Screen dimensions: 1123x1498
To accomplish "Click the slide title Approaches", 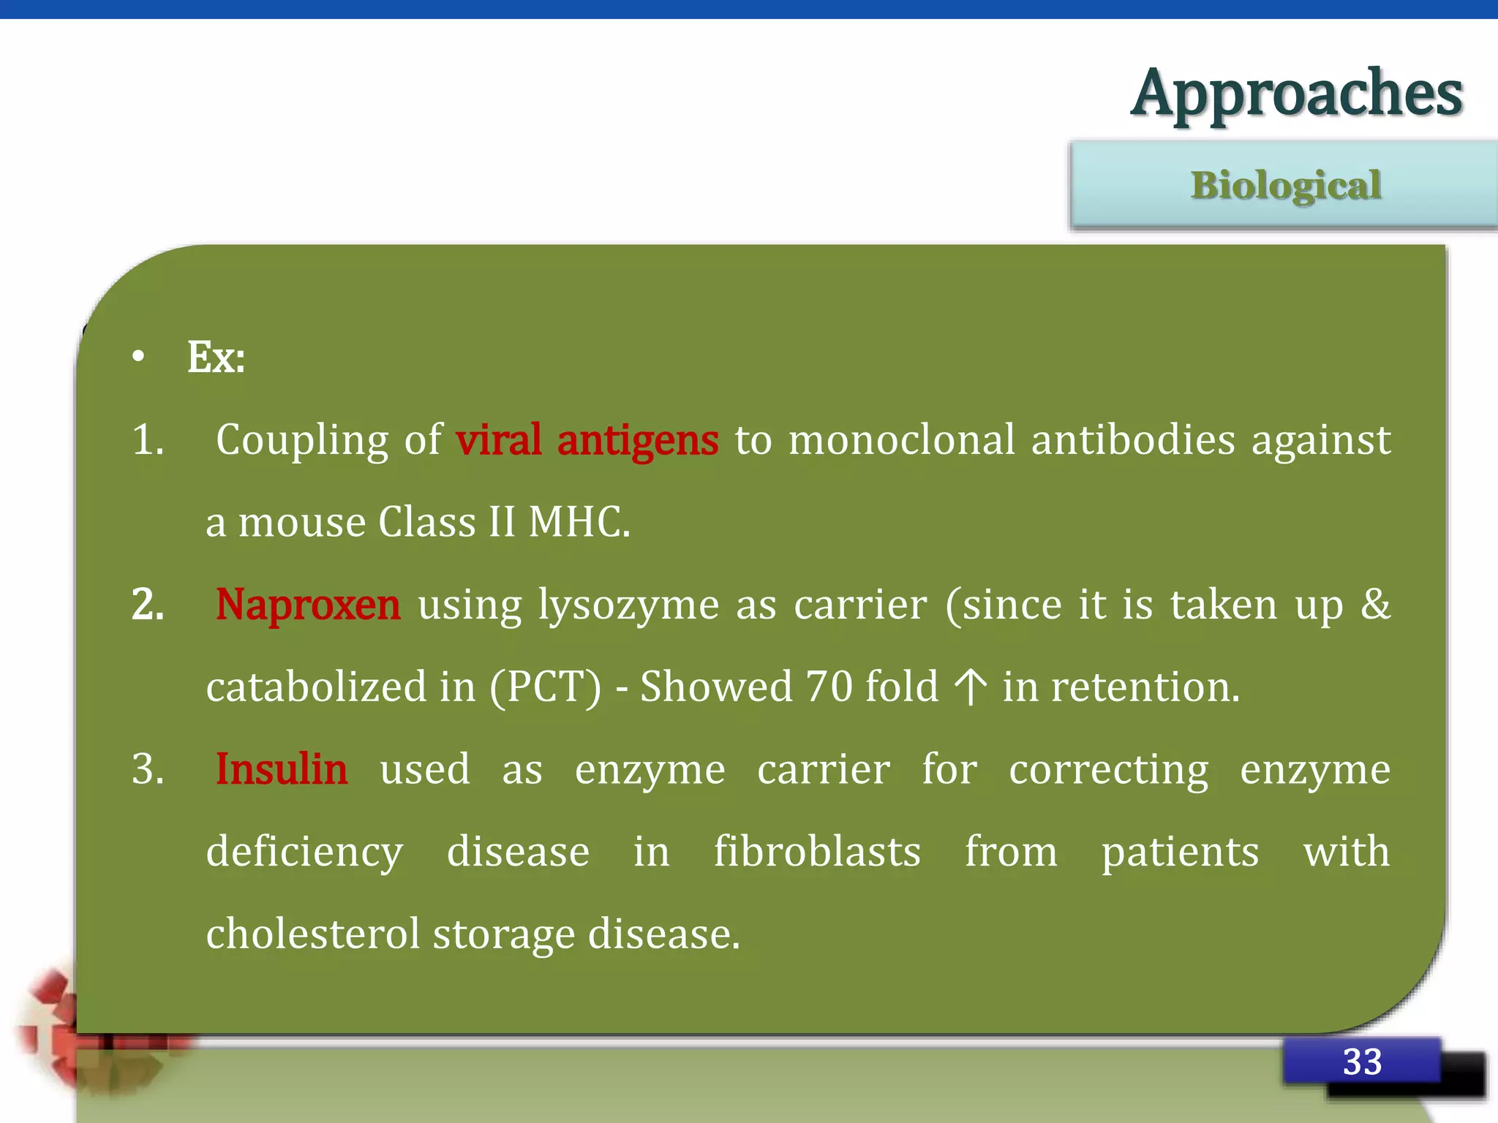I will [x=1295, y=94].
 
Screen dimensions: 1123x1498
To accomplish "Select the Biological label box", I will [x=1284, y=185].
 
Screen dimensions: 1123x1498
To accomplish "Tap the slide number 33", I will [x=1361, y=1062].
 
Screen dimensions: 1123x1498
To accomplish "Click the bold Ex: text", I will [x=216, y=358].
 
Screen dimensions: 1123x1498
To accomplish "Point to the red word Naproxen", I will [x=308, y=605].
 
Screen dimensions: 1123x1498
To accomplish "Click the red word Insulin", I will [x=282, y=769].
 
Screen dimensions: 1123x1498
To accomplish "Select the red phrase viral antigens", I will [x=587, y=440].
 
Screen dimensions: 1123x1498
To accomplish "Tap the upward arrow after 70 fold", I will [x=971, y=687].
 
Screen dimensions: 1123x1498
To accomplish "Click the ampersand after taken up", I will [x=1375, y=605].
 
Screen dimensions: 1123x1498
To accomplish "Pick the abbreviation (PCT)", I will [x=545, y=687].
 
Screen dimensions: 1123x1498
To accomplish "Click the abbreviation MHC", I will [x=578, y=522].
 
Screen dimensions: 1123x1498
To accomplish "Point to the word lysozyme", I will [x=628, y=606].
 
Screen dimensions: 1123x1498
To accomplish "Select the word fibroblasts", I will [x=817, y=852].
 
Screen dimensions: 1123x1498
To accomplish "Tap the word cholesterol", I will [x=313, y=934].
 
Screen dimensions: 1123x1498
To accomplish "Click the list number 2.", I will [x=148, y=605].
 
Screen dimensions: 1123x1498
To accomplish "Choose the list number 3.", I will [x=148, y=769].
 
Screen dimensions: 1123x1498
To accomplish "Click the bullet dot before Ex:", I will [x=138, y=358].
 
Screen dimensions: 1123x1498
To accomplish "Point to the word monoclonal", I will [x=902, y=440].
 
